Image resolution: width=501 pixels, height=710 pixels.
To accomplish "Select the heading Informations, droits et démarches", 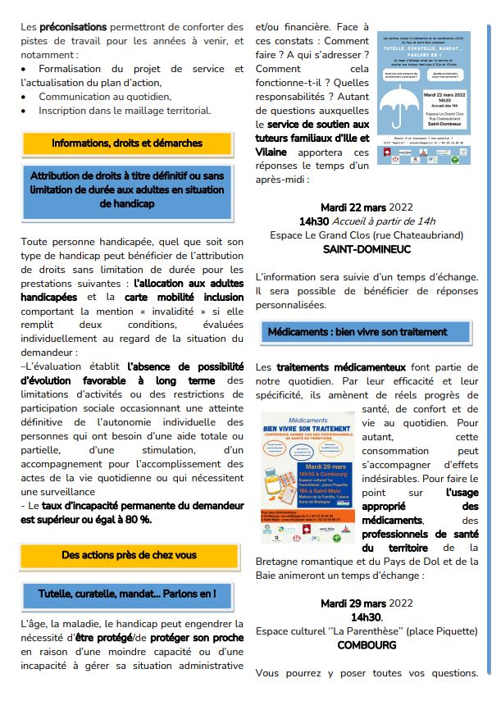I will coord(126,143).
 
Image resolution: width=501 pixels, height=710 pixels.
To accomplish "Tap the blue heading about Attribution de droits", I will coord(126,189).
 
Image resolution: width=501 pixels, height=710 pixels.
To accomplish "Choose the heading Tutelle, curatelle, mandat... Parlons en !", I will coord(127,593).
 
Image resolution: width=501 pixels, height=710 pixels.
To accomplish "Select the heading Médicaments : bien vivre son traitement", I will coord(368,332).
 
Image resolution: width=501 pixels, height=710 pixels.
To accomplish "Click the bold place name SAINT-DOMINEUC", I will coord(367,248).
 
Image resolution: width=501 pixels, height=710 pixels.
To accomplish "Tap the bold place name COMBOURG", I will coord(367,645).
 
